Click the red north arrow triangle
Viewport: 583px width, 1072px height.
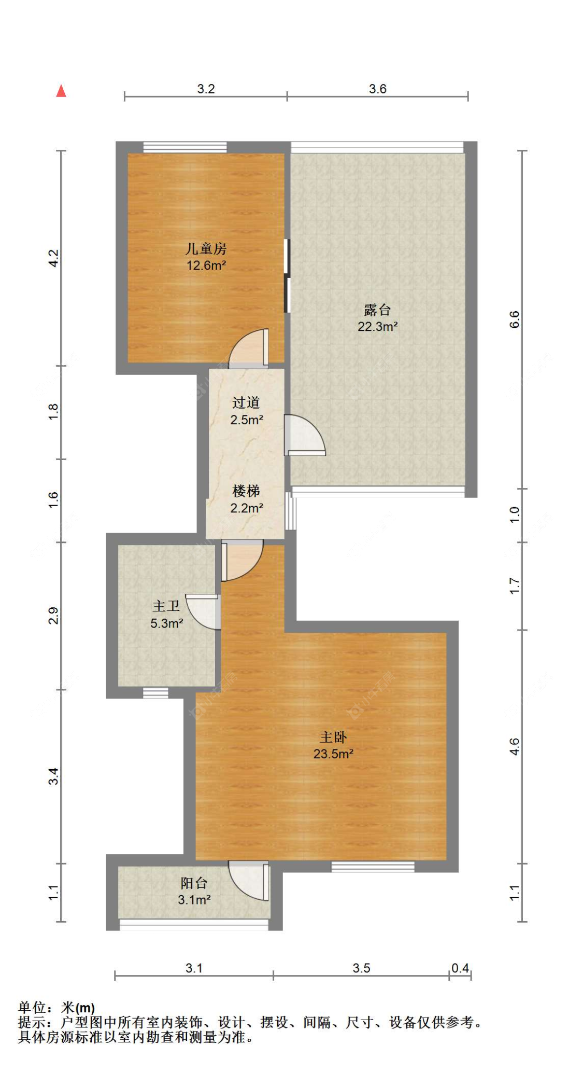click(x=61, y=91)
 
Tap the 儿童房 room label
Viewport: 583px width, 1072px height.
click(x=206, y=249)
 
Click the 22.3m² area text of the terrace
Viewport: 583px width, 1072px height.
click(x=377, y=327)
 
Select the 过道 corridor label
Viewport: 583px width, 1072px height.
click(x=246, y=403)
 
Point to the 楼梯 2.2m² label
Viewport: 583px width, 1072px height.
click(x=246, y=499)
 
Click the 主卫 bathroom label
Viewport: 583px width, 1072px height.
click(x=166, y=606)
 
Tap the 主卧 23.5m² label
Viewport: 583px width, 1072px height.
click(x=333, y=745)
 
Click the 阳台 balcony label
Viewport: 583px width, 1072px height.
click(x=194, y=883)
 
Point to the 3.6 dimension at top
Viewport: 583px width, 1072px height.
click(x=377, y=89)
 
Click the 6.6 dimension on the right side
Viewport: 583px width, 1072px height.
click(x=514, y=319)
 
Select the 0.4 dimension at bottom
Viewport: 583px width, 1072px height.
click(x=460, y=968)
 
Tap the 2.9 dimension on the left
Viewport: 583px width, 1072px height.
click(x=53, y=616)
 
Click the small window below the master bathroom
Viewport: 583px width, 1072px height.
click(x=155, y=693)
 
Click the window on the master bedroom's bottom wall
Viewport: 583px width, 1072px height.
click(x=373, y=866)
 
